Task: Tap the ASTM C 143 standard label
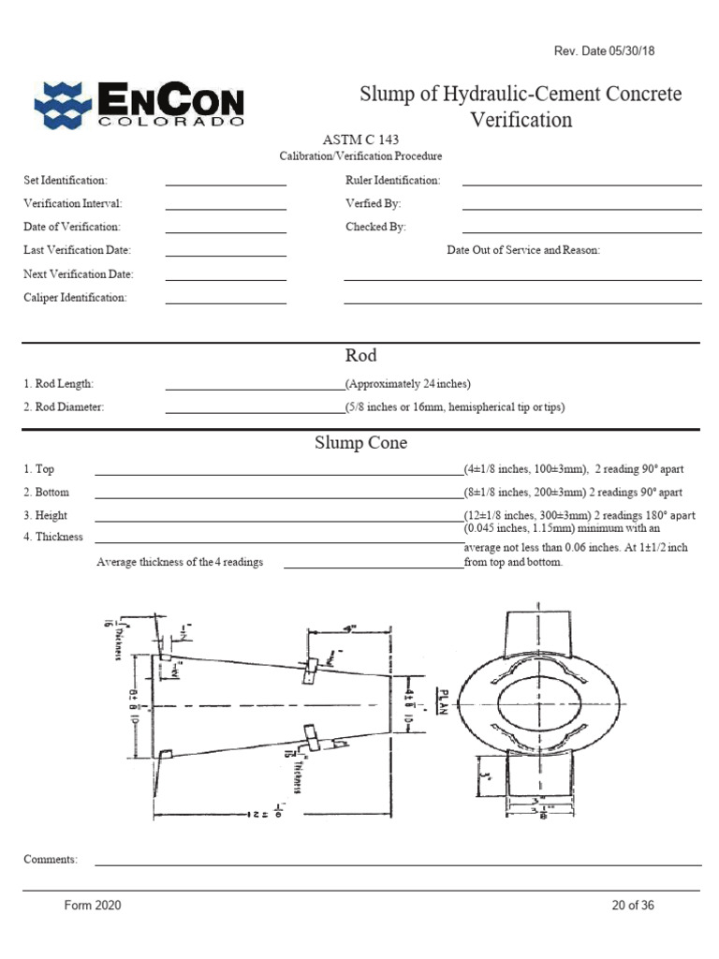[360, 140]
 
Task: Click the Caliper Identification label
[75, 298]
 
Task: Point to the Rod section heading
[360, 356]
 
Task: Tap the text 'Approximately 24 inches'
[408, 384]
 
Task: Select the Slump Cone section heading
[360, 443]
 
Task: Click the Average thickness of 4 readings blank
[373, 566]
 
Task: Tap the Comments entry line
[398, 863]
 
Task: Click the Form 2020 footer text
[92, 906]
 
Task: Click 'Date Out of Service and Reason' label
[523, 250]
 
